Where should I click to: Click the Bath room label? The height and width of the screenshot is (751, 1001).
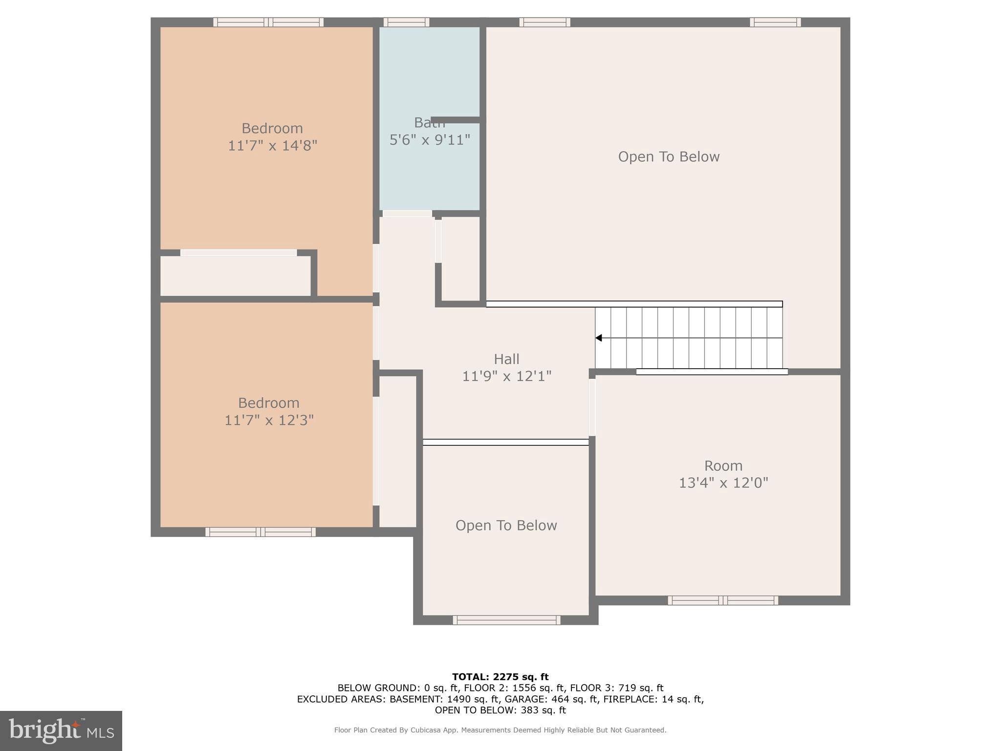[x=429, y=123]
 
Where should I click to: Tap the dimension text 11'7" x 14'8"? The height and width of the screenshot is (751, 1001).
[x=272, y=146]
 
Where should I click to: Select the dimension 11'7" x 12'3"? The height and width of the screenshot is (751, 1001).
[x=269, y=420]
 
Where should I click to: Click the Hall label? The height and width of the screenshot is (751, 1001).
[x=506, y=359]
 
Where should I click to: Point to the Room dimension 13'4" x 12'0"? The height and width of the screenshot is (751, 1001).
[x=723, y=483]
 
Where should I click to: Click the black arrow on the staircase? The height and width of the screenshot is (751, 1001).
[x=599, y=338]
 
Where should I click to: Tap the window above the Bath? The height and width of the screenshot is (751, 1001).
[x=406, y=22]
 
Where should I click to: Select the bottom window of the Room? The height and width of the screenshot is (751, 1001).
[x=723, y=600]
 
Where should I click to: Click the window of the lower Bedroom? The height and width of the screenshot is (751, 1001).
[x=260, y=532]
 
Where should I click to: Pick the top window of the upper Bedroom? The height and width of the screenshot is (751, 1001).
[x=268, y=22]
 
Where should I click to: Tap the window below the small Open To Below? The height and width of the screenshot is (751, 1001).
[x=506, y=620]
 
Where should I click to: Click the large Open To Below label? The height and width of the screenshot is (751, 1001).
[x=669, y=157]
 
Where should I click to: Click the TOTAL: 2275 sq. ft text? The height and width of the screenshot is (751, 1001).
[x=500, y=677]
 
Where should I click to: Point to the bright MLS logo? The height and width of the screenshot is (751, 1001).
[x=61, y=730]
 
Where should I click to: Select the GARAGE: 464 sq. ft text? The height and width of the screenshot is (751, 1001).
[x=551, y=699]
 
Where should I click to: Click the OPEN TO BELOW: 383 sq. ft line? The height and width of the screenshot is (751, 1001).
[x=500, y=710]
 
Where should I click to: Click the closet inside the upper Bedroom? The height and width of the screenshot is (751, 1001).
[x=236, y=276]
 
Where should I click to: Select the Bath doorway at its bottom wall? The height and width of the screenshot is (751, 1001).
[x=407, y=214]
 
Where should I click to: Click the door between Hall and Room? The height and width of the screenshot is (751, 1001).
[x=592, y=407]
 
